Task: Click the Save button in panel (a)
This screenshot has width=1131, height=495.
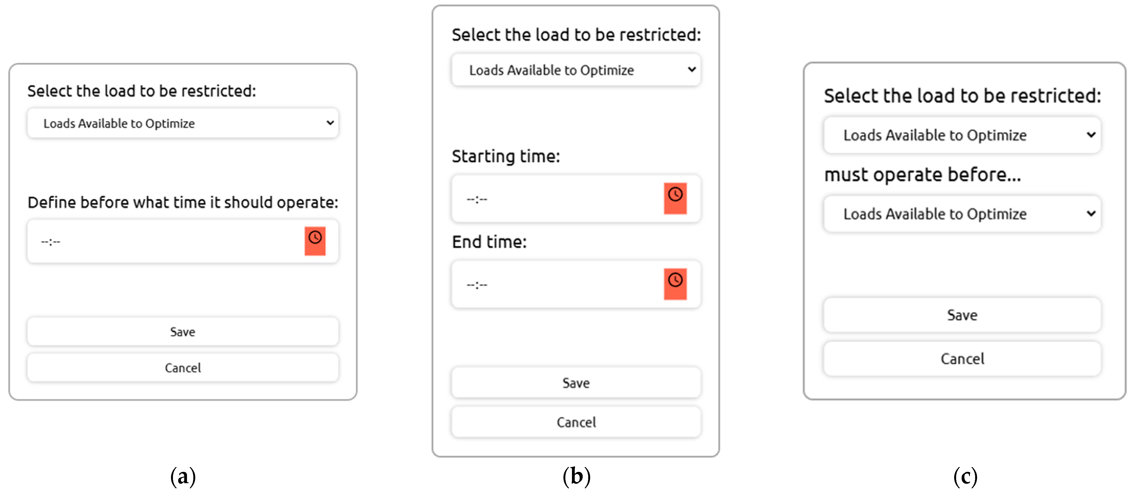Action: (x=183, y=332)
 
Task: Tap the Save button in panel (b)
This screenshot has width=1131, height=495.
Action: (x=576, y=383)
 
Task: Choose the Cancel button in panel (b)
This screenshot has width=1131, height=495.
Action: (x=576, y=422)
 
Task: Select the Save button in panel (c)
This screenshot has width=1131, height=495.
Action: (x=962, y=315)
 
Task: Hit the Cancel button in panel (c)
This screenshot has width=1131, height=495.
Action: (x=962, y=359)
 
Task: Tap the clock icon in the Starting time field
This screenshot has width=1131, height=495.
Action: (x=675, y=199)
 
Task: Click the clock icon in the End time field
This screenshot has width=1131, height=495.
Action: (x=675, y=284)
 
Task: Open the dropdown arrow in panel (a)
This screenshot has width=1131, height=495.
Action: (x=330, y=123)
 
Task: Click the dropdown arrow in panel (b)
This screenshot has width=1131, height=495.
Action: (x=692, y=69)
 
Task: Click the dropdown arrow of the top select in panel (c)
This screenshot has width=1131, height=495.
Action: (x=1091, y=135)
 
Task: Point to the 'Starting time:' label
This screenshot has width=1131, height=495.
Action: (x=506, y=156)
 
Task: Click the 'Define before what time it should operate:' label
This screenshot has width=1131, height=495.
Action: (x=183, y=202)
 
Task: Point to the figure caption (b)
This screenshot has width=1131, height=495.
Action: (x=576, y=477)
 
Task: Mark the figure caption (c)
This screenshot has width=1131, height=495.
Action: (x=965, y=477)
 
